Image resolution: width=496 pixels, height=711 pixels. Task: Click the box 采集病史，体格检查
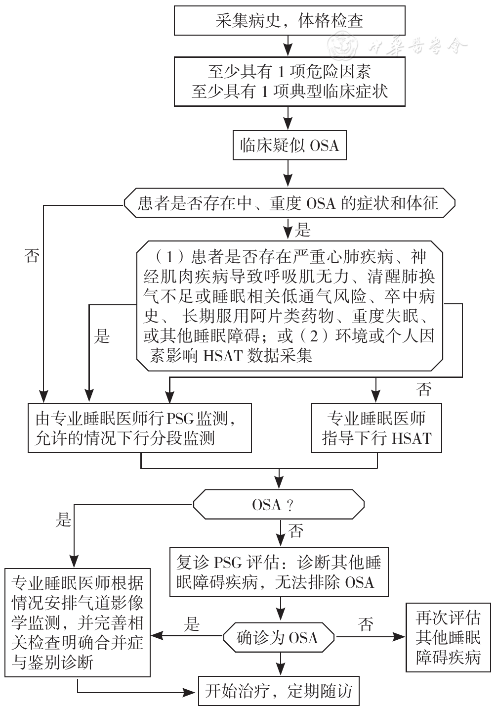coord(289,21)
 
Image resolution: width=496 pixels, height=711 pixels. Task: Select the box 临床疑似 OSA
coord(289,146)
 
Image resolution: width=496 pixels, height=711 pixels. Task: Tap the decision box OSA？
coord(278,505)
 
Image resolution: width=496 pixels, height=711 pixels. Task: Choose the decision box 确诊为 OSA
coord(278,637)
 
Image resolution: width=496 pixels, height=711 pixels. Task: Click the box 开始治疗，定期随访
coord(278,691)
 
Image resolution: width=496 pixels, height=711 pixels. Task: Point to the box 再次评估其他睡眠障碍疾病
coord(448,637)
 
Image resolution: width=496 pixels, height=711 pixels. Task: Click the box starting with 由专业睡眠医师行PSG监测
coord(140,428)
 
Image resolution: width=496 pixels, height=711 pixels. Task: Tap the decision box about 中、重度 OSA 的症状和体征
coord(289,203)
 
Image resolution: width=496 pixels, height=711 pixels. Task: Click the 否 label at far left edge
coord(32,255)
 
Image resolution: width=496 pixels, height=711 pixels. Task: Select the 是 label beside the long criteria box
coord(102,336)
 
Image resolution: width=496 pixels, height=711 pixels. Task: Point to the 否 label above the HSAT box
coord(424,390)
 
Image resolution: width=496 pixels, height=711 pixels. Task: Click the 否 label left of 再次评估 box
coord(366,624)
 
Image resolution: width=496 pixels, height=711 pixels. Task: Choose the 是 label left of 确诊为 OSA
coord(192,624)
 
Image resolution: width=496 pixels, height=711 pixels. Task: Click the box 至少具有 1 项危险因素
coord(289,82)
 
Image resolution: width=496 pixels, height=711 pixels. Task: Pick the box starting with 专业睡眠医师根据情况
coord(78,622)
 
